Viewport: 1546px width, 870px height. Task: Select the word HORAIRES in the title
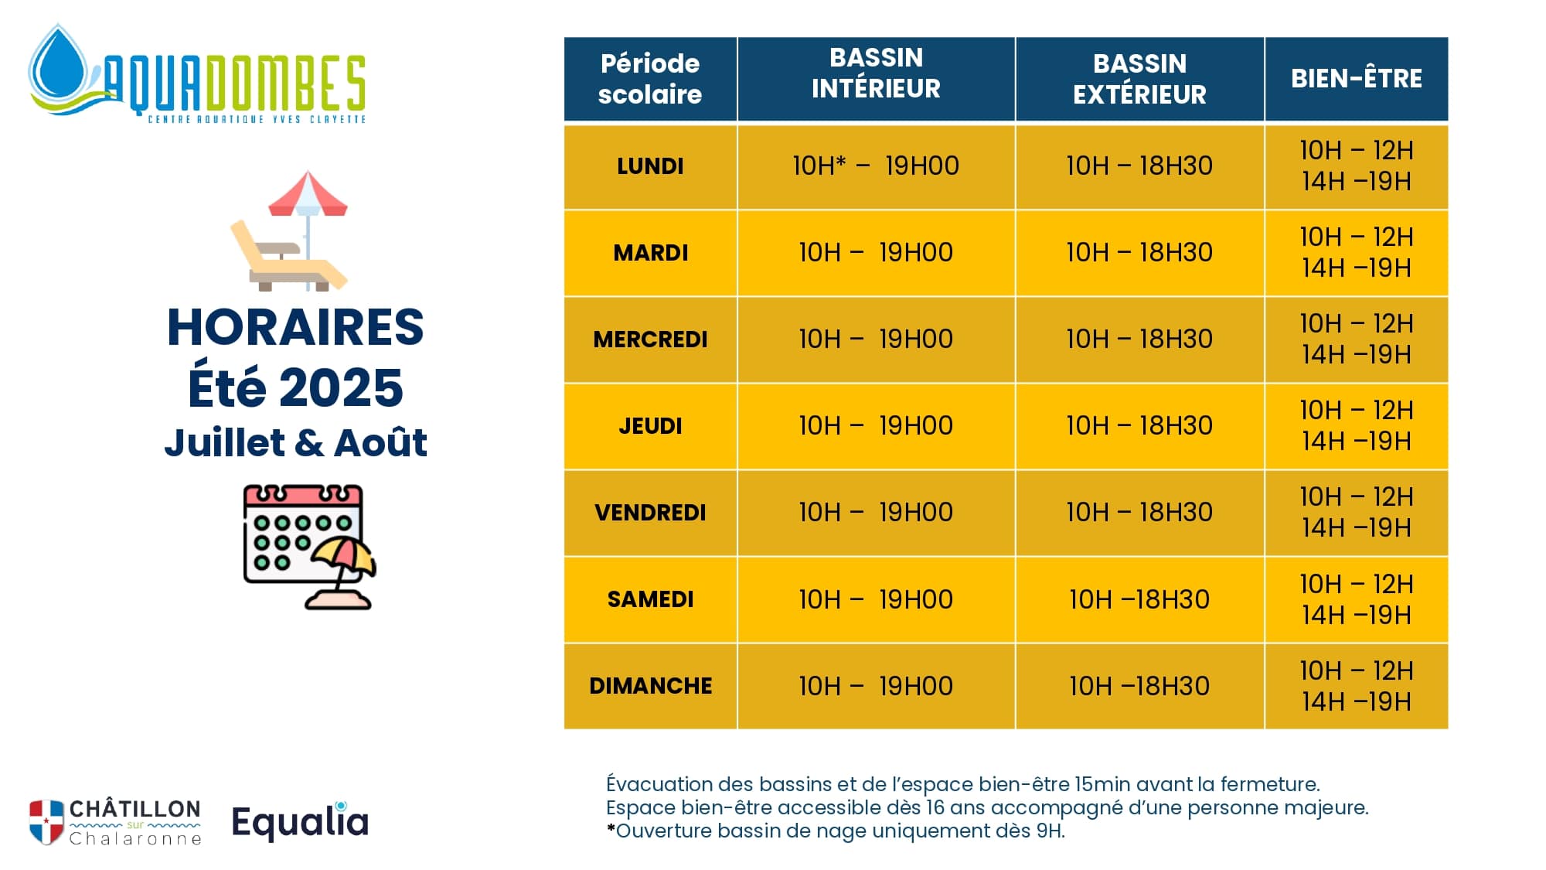[295, 327]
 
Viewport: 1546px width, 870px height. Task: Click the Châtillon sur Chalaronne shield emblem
[46, 822]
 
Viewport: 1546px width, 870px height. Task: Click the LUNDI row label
[650, 166]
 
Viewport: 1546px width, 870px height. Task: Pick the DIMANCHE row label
[650, 686]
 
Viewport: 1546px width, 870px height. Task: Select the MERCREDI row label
[650, 339]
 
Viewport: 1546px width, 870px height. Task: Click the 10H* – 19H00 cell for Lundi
[876, 166]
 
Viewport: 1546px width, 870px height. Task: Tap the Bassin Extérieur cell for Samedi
[1139, 599]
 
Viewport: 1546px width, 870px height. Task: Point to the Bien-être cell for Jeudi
[1357, 426]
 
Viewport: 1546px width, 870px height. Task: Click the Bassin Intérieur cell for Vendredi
[876, 513]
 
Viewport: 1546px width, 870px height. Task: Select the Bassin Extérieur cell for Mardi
[1139, 253]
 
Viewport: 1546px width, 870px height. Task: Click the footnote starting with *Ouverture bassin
[836, 831]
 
